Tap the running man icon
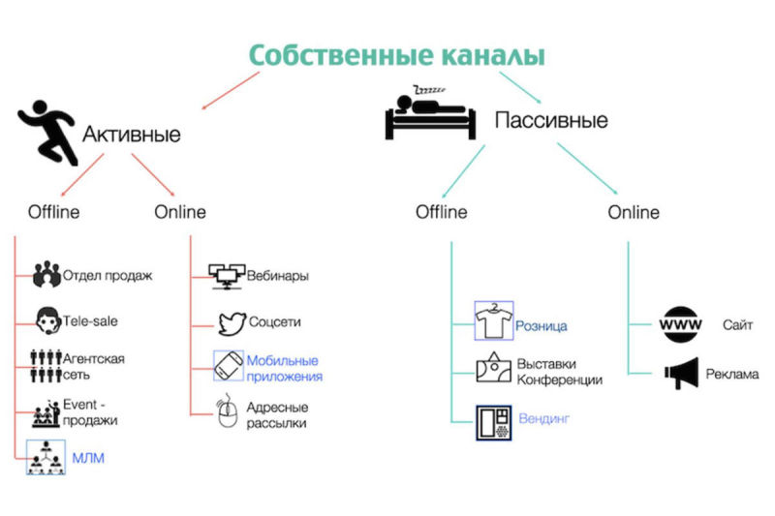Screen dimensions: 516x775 coord(48,135)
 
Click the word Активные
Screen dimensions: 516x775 coord(131,134)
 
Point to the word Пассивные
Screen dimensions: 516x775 coord(551,121)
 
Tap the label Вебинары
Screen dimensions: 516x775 coord(279,276)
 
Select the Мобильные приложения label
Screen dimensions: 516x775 coord(285,368)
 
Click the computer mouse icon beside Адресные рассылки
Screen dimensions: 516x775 coord(227,413)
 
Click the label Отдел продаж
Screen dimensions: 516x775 coord(108,276)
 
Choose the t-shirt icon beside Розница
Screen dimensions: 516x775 coord(493,322)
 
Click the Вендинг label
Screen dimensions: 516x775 coord(542,419)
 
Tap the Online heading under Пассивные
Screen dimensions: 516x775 coord(634,212)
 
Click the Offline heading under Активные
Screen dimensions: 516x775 coord(53,212)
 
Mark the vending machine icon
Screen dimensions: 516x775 coord(493,422)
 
